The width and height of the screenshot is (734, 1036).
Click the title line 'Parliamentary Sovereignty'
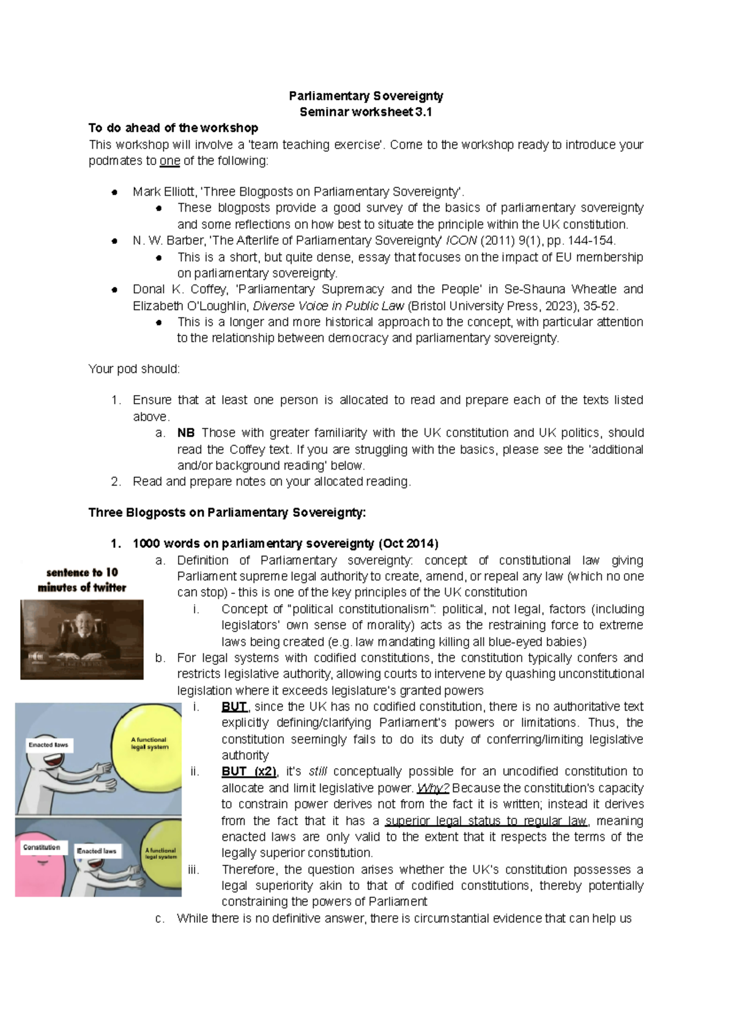pos(366,96)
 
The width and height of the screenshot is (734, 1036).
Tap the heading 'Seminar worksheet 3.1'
pos(366,112)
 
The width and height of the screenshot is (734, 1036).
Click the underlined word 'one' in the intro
pos(169,161)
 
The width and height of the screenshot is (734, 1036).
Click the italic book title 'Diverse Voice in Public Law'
pos(328,306)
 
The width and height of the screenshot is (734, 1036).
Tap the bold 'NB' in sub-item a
pos(185,432)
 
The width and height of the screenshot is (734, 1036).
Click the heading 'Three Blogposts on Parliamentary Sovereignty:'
pos(227,512)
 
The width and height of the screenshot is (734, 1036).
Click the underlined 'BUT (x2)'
pos(249,771)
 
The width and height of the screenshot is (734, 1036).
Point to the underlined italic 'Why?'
pos(433,788)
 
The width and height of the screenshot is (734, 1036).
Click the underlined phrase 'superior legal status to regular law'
pos(486,821)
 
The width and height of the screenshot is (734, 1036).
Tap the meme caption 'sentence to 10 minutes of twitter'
pos(82,580)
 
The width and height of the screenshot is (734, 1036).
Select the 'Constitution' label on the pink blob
pos(42,848)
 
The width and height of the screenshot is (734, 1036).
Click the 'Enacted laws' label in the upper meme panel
pos(48,745)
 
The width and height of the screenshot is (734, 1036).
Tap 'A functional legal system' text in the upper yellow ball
pos(149,743)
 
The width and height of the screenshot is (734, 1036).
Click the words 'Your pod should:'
pos(134,369)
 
